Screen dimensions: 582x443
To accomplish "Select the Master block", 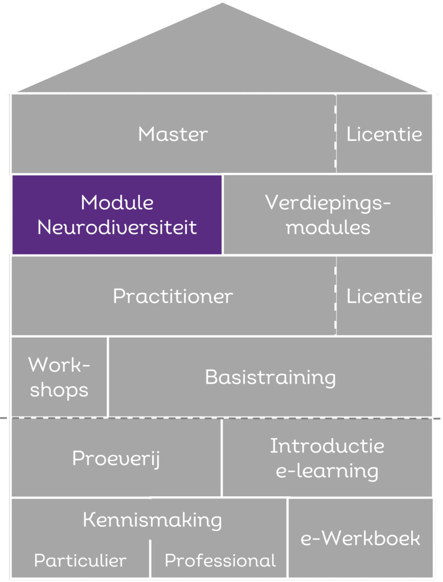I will click(173, 134).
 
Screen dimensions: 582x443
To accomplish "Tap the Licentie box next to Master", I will click(384, 134).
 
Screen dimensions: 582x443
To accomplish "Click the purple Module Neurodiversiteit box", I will click(117, 214).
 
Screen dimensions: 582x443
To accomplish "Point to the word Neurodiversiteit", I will click(117, 227).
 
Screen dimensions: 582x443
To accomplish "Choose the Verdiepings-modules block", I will click(328, 214).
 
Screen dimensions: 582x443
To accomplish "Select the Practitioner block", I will click(173, 296).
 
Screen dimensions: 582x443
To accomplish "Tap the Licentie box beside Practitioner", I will click(384, 296).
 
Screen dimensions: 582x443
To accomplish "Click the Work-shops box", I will click(59, 377).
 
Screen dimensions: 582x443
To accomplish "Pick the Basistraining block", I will click(270, 377).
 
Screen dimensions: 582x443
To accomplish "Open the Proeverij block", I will click(116, 458).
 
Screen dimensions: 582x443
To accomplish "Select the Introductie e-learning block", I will click(327, 458).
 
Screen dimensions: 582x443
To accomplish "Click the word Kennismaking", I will click(152, 520).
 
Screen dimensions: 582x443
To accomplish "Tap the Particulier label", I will click(80, 560).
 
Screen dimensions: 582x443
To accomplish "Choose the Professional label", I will click(220, 560).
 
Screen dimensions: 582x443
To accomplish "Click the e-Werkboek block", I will click(360, 538).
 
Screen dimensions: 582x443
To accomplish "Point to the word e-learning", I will click(327, 471).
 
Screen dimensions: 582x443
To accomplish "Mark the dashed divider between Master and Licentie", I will click(335, 134).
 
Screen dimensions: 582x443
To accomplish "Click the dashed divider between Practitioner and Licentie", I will click(335, 296).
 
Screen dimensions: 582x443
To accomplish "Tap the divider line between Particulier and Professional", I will click(150, 559).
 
